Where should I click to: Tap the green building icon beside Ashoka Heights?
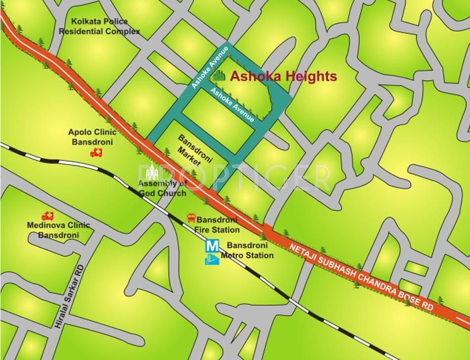tap(218, 76)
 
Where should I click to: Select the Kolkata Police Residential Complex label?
tap(99, 27)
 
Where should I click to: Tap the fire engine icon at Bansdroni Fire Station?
tap(190, 218)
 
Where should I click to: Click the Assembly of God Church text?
tap(162, 188)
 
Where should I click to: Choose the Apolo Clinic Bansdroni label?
tap(93, 137)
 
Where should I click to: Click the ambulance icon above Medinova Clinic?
tap(47, 216)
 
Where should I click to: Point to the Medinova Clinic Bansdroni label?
tap(58, 230)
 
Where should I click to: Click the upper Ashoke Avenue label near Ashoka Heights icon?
tap(210, 67)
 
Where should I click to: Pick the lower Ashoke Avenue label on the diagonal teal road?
tap(233, 104)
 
